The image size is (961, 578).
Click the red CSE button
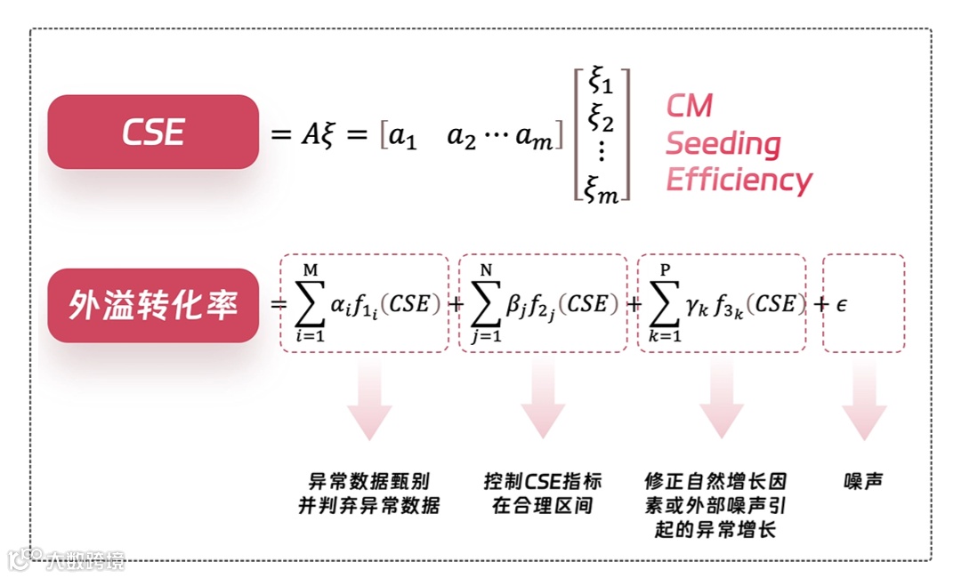(x=153, y=132)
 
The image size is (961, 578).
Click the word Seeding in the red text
(x=723, y=143)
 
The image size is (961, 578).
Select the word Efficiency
(x=739, y=180)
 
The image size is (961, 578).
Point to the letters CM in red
(x=690, y=106)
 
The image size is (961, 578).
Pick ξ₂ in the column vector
(x=601, y=118)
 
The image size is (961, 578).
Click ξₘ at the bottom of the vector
(x=602, y=189)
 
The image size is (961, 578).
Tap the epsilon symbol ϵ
(x=841, y=305)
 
